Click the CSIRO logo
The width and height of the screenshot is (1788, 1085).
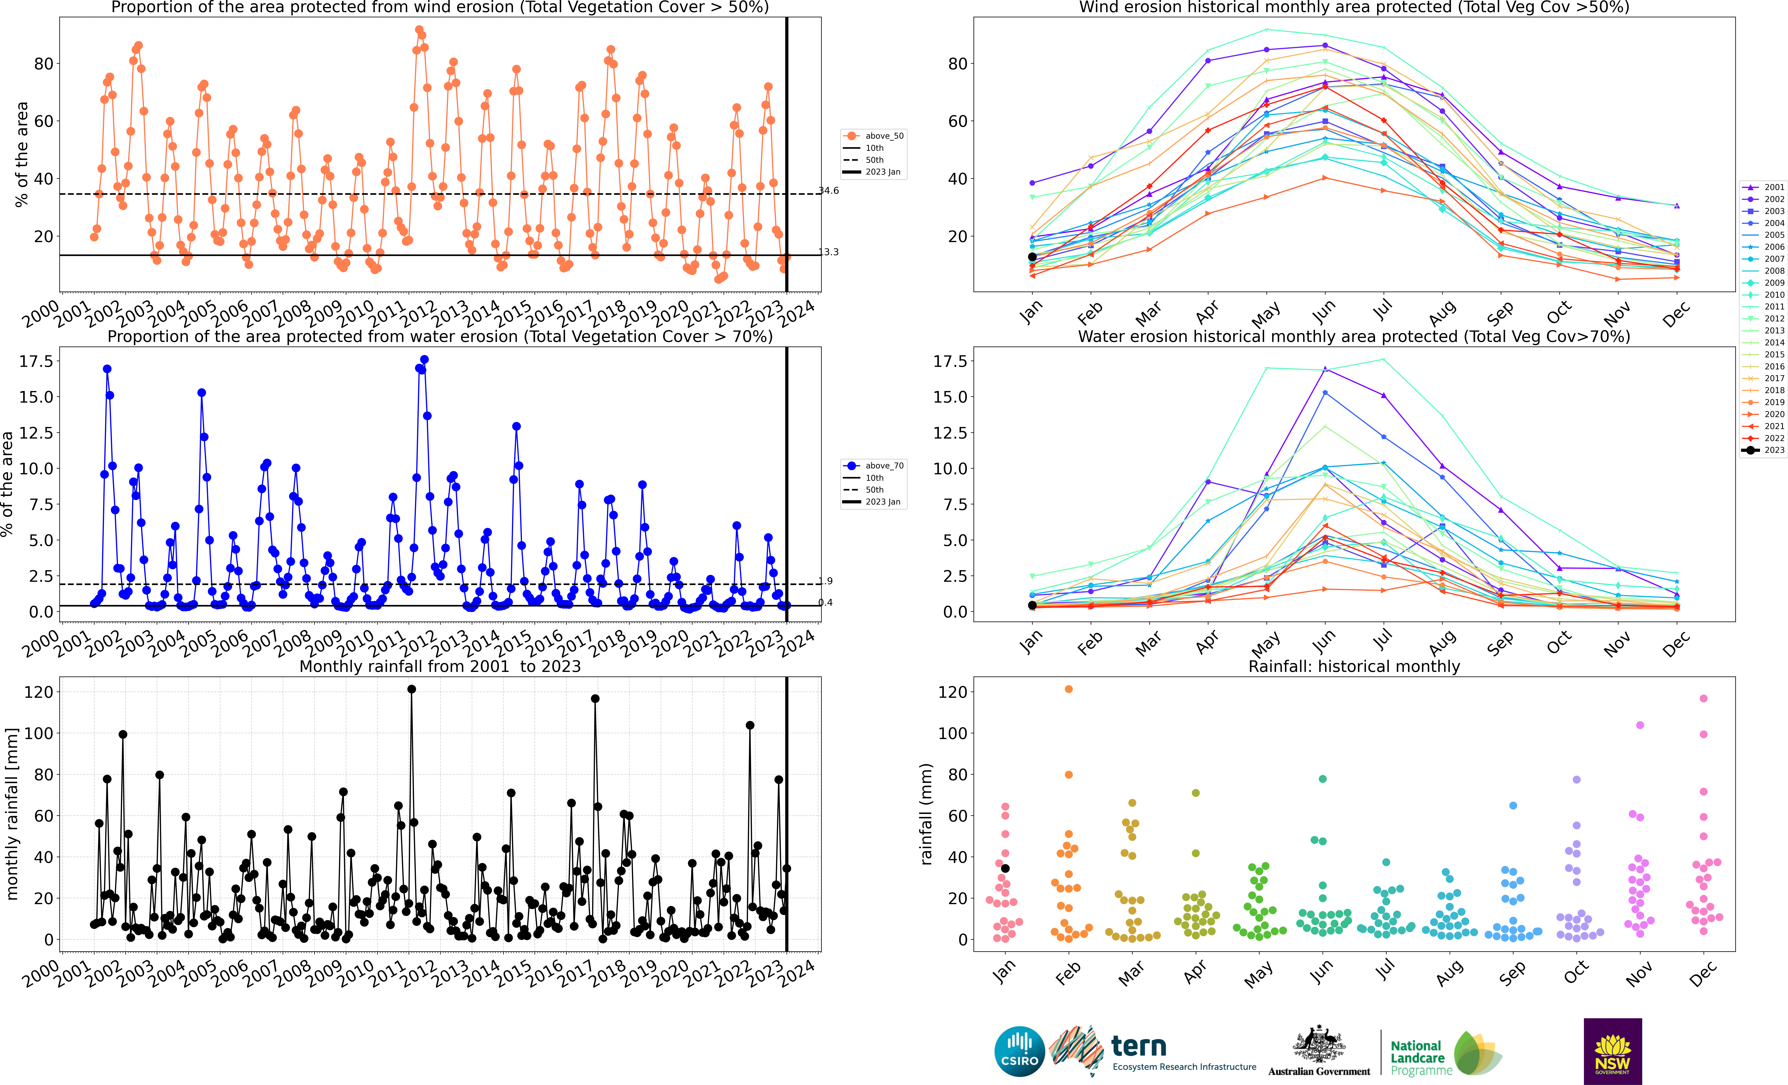(x=1020, y=1051)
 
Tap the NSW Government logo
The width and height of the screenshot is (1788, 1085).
(x=1612, y=1051)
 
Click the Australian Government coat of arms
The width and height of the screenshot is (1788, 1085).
(x=1319, y=1044)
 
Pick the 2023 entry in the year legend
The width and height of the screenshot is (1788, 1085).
(x=1763, y=450)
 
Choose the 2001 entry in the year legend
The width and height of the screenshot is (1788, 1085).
(x=1763, y=187)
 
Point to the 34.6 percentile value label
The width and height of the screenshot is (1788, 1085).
(x=829, y=191)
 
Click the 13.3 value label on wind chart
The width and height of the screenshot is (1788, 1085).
(x=829, y=252)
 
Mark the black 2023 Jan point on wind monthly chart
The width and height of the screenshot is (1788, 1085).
(x=1032, y=257)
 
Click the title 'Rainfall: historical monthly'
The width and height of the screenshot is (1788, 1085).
(x=1354, y=666)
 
